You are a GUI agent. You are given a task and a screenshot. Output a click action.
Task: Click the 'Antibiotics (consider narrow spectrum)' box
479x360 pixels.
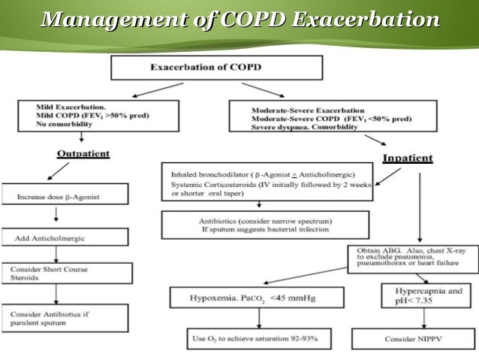tap(265, 224)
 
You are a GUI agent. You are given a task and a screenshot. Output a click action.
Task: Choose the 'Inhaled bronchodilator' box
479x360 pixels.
tap(265, 180)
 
